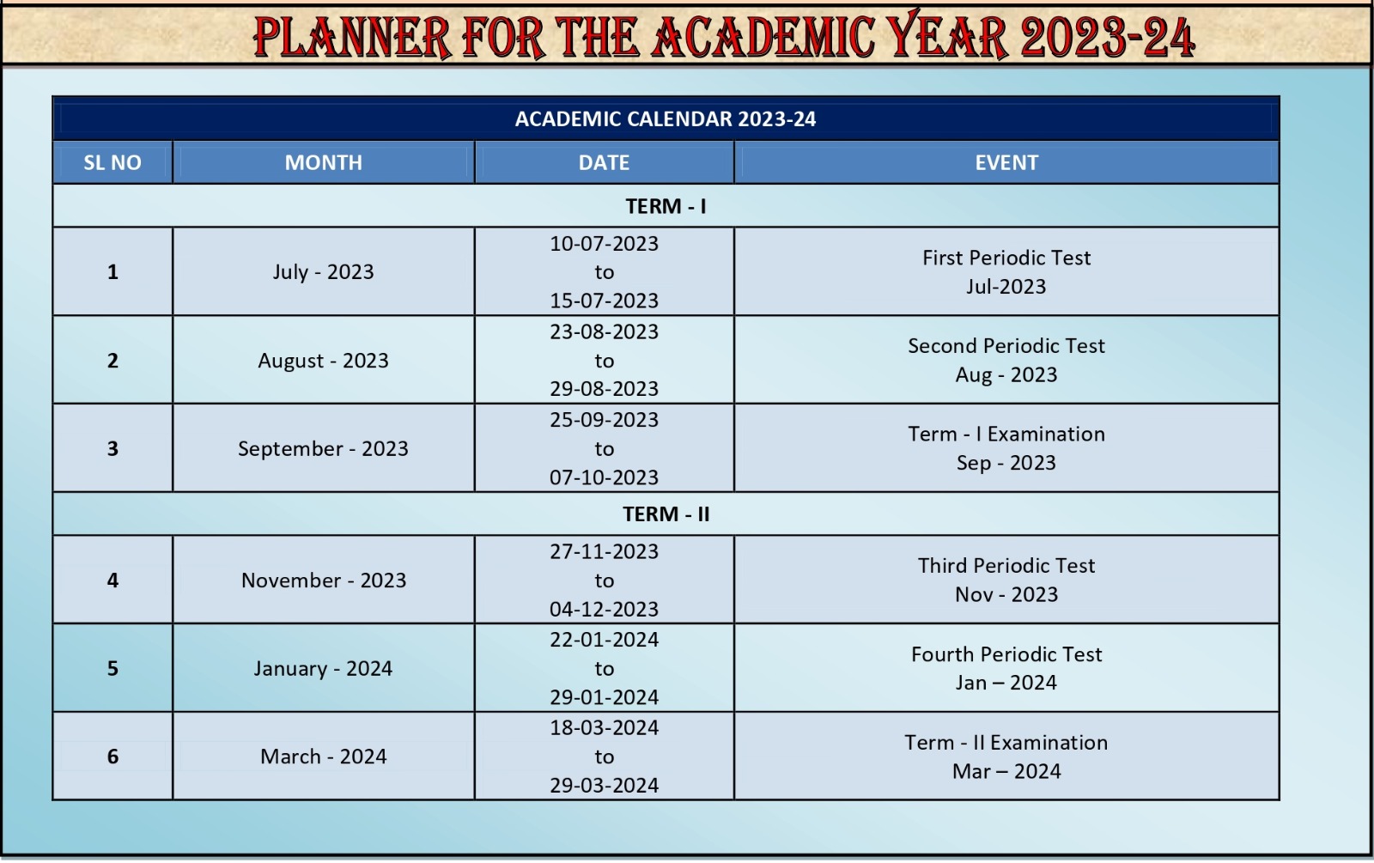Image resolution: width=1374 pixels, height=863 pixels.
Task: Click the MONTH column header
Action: (x=323, y=162)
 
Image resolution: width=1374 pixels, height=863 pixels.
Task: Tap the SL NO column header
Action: (x=112, y=162)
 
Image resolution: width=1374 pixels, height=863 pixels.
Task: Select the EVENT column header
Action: (x=1006, y=162)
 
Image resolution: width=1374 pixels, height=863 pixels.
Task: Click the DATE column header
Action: (x=605, y=162)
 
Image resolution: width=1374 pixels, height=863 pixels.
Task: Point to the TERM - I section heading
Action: (x=666, y=206)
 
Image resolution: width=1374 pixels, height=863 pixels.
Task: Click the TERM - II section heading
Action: (x=666, y=514)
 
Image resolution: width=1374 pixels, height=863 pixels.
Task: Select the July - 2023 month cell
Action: (x=323, y=271)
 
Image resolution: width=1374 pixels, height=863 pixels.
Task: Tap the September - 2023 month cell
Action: (x=323, y=448)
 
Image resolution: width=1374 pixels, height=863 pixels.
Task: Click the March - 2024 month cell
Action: (x=323, y=757)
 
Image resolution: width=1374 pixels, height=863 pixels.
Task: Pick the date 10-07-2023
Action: (x=605, y=244)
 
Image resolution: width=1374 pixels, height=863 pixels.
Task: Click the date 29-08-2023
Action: (x=605, y=388)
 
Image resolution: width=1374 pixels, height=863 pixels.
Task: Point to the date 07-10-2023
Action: (x=605, y=477)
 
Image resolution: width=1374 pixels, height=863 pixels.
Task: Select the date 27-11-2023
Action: (x=605, y=551)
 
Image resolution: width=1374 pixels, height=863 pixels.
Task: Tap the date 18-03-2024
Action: (x=605, y=727)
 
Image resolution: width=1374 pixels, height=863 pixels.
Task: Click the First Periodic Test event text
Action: (x=1006, y=258)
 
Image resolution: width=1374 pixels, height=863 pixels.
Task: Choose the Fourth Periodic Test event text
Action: (x=1006, y=653)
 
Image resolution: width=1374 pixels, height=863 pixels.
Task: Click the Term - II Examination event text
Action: (x=1006, y=742)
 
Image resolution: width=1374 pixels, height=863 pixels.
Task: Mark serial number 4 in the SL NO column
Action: (x=112, y=580)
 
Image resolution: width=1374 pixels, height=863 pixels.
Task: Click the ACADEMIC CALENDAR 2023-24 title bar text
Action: (x=666, y=119)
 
